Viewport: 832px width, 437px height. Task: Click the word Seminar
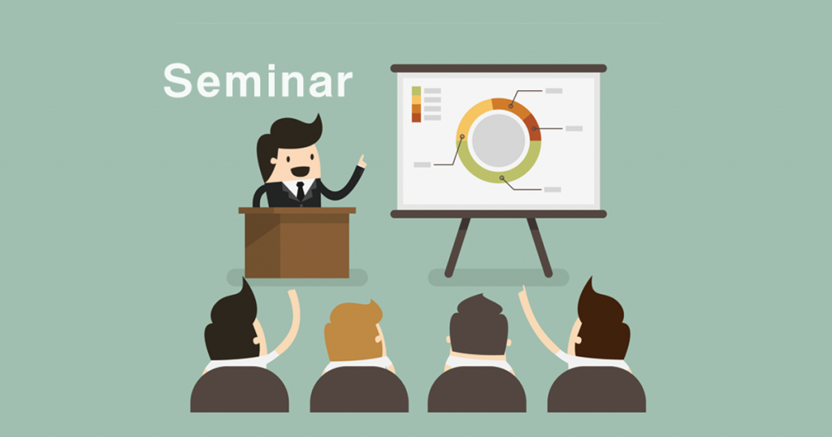(x=258, y=81)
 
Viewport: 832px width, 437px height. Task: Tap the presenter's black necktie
(x=301, y=191)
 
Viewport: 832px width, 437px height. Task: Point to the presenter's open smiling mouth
(x=300, y=172)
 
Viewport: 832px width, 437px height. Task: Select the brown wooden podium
(x=297, y=242)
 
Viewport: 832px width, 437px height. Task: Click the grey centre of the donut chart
(x=498, y=141)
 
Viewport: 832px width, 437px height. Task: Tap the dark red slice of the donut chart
(x=533, y=128)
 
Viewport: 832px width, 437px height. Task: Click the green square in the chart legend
(x=417, y=91)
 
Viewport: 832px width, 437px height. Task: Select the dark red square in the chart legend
(x=417, y=118)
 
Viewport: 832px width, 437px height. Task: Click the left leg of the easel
(x=457, y=248)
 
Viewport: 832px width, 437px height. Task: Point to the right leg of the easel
(x=539, y=248)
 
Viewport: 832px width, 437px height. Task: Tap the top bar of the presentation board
(x=498, y=68)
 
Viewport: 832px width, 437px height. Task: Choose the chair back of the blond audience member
(x=359, y=389)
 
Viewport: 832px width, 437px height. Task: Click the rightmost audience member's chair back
(x=596, y=389)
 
